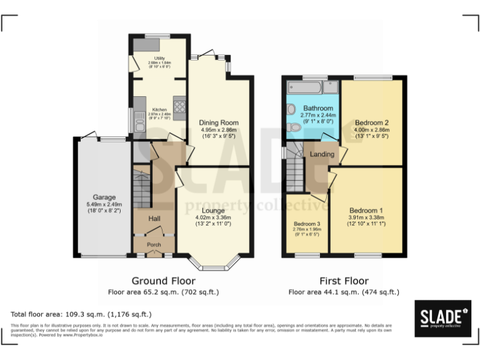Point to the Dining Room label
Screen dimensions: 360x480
(x=219, y=122)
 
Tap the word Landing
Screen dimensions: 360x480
(x=322, y=154)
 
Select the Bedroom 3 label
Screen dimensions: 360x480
(x=306, y=224)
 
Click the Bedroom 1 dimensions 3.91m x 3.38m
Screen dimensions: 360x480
(x=366, y=218)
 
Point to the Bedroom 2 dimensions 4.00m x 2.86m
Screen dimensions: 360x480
(x=372, y=131)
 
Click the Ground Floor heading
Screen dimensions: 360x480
(x=163, y=281)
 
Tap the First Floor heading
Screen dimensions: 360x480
(x=343, y=281)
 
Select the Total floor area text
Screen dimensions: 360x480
(x=81, y=314)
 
